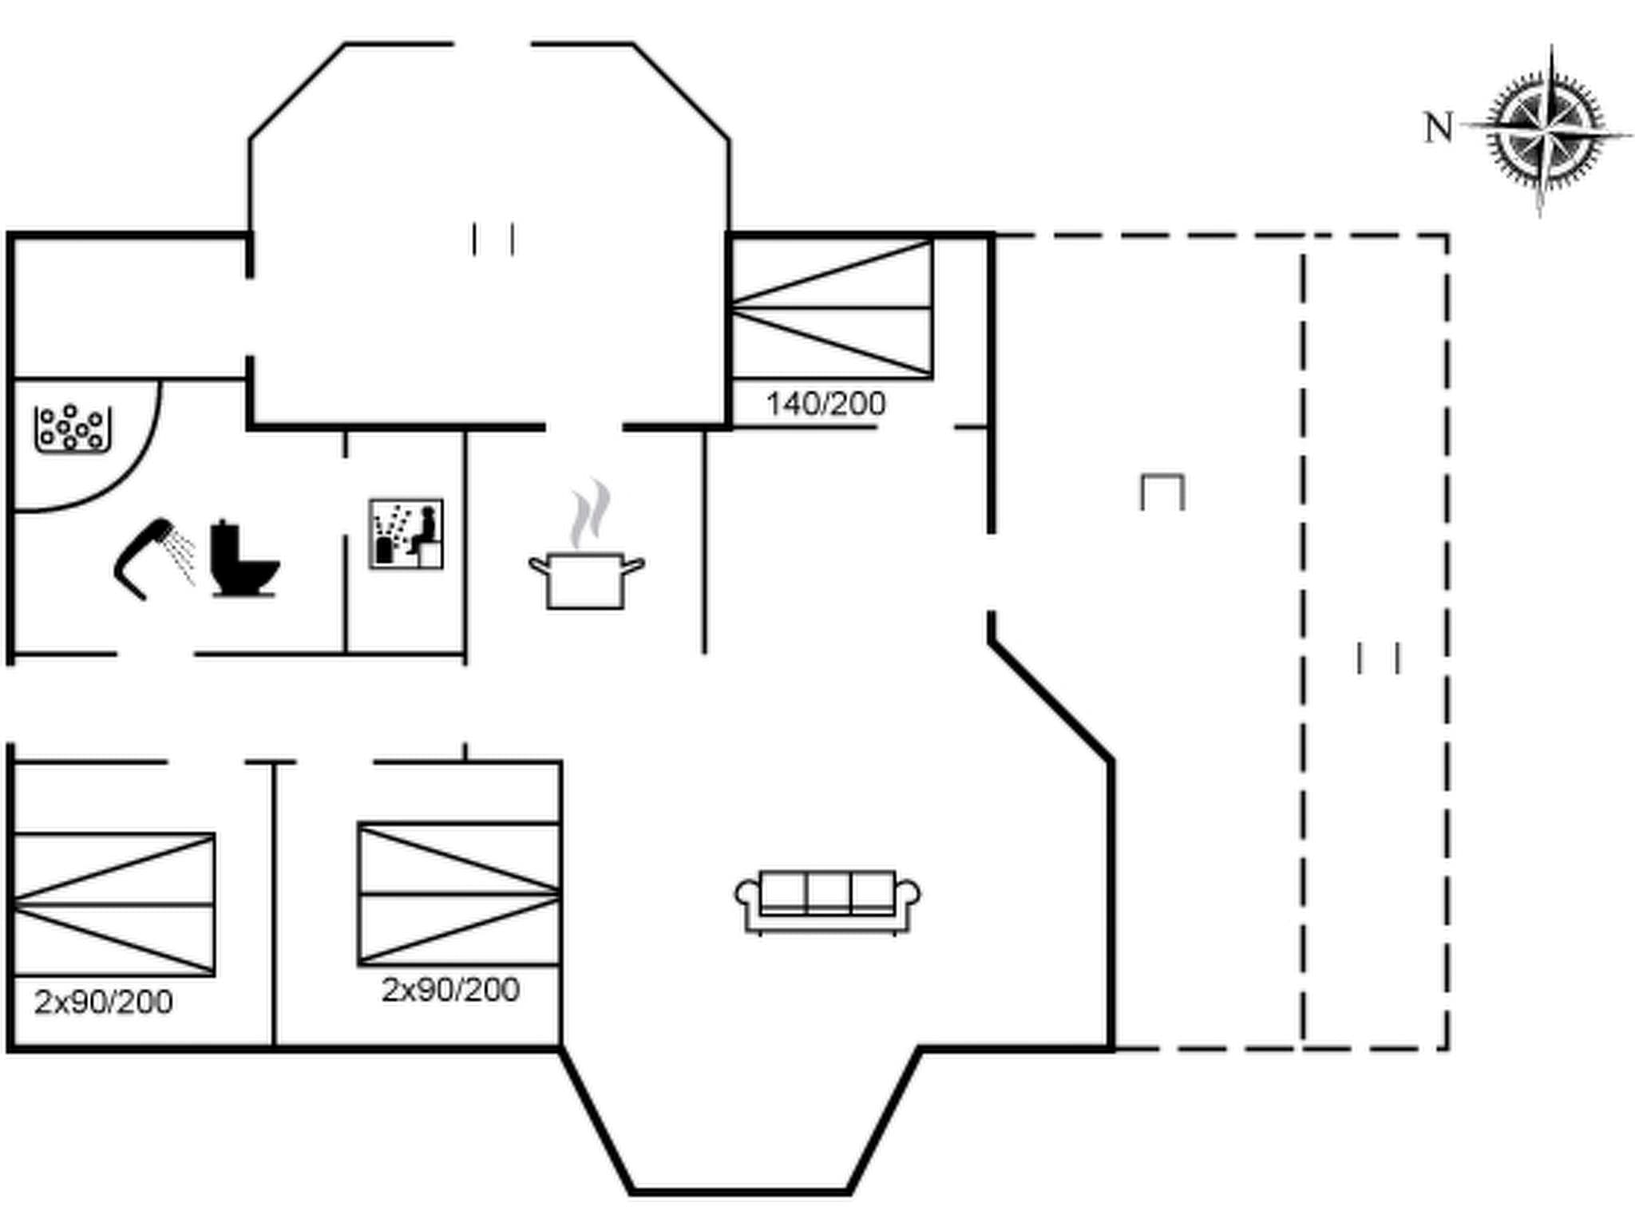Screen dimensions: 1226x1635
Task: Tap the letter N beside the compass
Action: pos(1439,129)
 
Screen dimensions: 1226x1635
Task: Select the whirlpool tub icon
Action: pos(72,429)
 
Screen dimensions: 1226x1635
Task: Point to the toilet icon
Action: pos(242,559)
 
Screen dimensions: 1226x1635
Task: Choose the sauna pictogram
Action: pos(406,534)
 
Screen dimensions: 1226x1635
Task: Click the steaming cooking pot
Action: pos(586,578)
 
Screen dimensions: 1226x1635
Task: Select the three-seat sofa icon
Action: pos(827,901)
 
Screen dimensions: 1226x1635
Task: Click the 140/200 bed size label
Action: pos(825,404)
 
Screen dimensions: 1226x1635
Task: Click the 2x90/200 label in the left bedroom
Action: pos(104,1002)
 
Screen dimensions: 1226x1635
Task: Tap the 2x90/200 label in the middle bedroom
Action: pos(451,990)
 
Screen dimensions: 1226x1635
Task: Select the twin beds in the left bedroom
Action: pos(113,904)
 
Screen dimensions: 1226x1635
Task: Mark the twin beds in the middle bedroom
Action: pos(459,893)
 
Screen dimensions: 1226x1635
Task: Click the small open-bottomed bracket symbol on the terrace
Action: pos(1162,491)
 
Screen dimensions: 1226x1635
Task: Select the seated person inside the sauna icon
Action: pos(426,528)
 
